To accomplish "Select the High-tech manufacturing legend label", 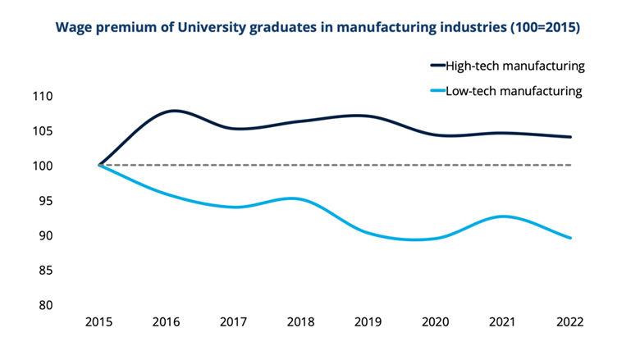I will (x=513, y=65).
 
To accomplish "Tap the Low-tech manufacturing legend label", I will (x=513, y=91).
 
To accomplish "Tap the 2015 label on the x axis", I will (x=99, y=322).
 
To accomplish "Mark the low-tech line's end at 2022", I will (x=570, y=238).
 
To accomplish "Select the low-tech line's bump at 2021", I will (x=501, y=216).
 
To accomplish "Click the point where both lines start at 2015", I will (x=99, y=165).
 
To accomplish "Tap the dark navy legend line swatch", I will (x=437, y=65).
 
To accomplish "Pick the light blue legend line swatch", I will (x=437, y=91).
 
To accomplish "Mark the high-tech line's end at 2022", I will (x=570, y=137).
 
